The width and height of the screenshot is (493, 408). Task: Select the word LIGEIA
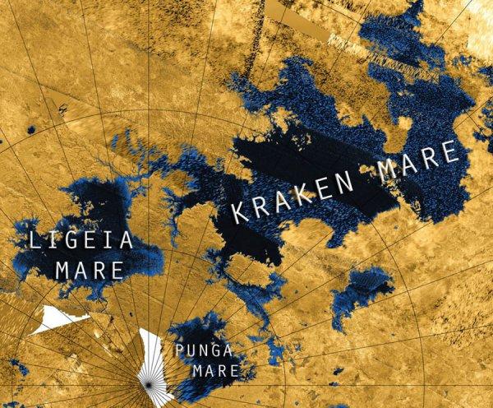pos(80,240)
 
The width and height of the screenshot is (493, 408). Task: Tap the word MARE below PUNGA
pos(214,371)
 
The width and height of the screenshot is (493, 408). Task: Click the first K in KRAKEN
pos(239,212)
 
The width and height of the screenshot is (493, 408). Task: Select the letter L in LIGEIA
pos(34,241)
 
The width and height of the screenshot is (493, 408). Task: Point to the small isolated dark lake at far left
pos(30,130)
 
